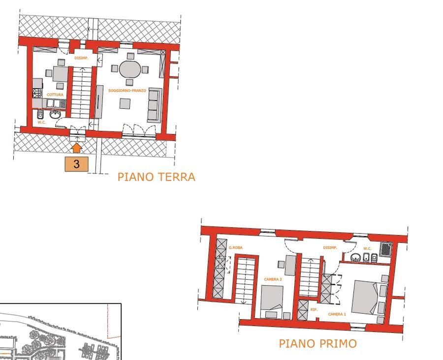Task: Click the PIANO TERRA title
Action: pyautogui.click(x=156, y=177)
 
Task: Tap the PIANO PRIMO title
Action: pyautogui.click(x=317, y=344)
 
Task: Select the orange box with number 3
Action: pyautogui.click(x=77, y=164)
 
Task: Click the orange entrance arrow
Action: pyautogui.click(x=77, y=148)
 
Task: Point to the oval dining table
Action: pyautogui.click(x=129, y=69)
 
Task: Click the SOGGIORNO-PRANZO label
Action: pyautogui.click(x=127, y=91)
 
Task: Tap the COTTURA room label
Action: pyautogui.click(x=55, y=95)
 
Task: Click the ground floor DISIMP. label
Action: pyautogui.click(x=81, y=58)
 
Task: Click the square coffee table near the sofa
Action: pyautogui.click(x=125, y=103)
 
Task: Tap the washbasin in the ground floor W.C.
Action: pyautogui.click(x=55, y=114)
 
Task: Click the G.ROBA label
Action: pyautogui.click(x=236, y=248)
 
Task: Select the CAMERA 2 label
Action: pyautogui.click(x=273, y=279)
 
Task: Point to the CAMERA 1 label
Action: pyautogui.click(x=337, y=314)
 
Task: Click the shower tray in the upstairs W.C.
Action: pyautogui.click(x=386, y=249)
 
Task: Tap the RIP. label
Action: pyautogui.click(x=314, y=310)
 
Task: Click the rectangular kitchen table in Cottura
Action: pyautogui.click(x=60, y=73)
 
